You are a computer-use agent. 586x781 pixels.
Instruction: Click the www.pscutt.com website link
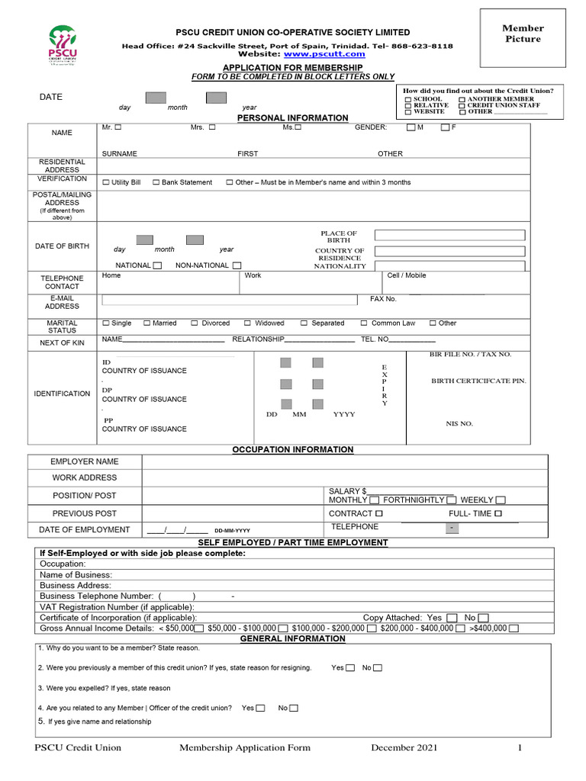coord(319,54)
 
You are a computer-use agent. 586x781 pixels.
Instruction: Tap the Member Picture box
coord(522,38)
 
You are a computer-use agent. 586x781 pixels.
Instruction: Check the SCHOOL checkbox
coord(408,100)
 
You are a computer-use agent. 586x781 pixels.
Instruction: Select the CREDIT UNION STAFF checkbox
coord(462,106)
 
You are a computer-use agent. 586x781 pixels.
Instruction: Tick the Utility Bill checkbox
coord(105,183)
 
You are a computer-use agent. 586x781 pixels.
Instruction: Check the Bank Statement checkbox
coord(156,183)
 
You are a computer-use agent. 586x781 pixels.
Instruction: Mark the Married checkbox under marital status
coord(146,323)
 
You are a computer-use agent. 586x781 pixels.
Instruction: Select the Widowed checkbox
coord(247,323)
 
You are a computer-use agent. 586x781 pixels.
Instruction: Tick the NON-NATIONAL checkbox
coord(237,266)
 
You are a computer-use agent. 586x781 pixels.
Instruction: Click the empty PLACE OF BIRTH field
coord(449,235)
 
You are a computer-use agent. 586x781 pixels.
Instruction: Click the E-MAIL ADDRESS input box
coord(229,300)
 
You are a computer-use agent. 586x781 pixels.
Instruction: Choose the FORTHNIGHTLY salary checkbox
coord(449,500)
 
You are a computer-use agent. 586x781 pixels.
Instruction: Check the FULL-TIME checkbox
coord(497,514)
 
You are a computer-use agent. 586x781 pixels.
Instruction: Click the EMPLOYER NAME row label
coord(85,461)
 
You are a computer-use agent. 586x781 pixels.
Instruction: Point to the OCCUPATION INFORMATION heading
coord(293,450)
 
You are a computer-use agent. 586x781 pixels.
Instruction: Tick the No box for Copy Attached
coord(483,618)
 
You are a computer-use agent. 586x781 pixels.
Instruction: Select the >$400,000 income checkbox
coord(514,628)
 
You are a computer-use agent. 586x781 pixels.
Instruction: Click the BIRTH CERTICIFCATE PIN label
coord(478,381)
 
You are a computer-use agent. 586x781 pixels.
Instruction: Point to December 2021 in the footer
coord(404,748)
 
